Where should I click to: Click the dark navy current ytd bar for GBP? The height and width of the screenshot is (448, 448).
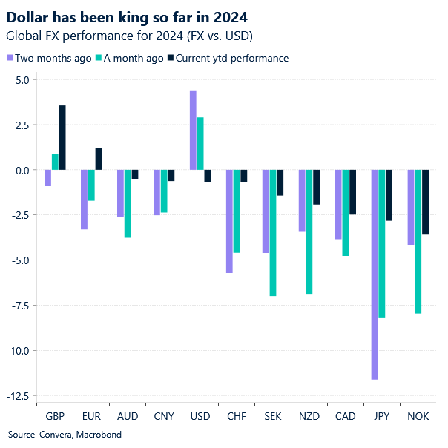(62, 138)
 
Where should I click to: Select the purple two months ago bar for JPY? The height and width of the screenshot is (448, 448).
(375, 274)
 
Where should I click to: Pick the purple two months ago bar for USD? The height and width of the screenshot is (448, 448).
(193, 131)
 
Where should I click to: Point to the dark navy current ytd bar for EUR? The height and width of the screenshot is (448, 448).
(99, 159)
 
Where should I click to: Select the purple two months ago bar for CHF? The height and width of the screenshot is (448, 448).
(229, 221)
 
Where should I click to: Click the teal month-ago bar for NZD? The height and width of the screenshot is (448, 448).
(309, 232)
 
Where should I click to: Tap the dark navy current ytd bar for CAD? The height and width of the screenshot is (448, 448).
(352, 192)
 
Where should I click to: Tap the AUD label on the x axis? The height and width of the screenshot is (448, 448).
(128, 417)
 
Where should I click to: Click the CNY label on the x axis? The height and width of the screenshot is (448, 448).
(164, 417)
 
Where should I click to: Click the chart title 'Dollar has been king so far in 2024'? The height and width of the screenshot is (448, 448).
(127, 16)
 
